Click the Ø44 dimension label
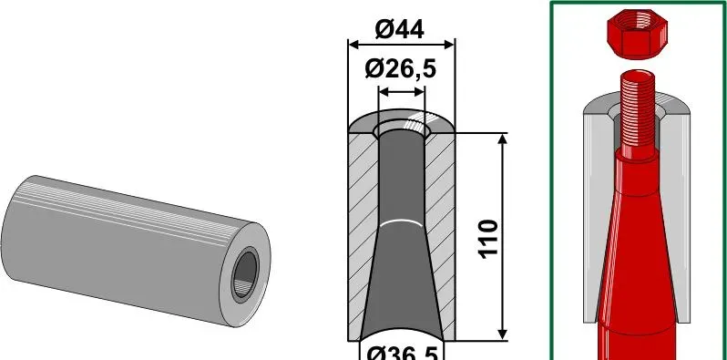click(399, 30)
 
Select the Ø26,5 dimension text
click(401, 69)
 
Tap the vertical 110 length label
click(488, 239)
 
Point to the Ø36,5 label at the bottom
click(403, 355)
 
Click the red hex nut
click(637, 34)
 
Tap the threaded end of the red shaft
click(638, 114)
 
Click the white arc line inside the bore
click(402, 221)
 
